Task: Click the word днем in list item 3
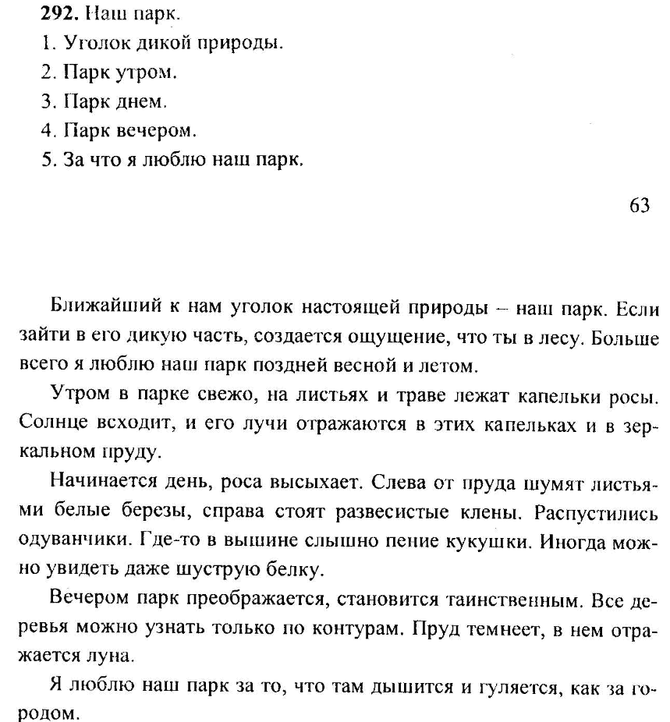tap(143, 101)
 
